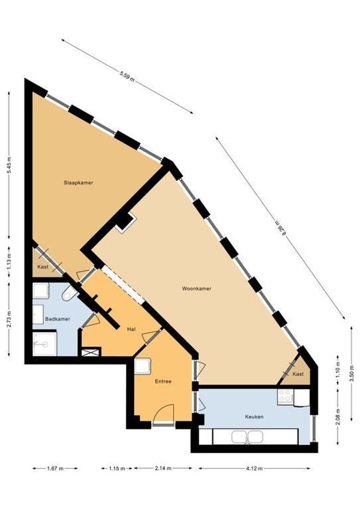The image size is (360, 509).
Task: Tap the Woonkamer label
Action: pos(196,288)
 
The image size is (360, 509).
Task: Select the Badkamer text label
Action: pos(57,319)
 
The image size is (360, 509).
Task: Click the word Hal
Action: pos(131,329)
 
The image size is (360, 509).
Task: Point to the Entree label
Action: pos(163,381)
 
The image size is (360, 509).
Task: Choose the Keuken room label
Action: pos(254,417)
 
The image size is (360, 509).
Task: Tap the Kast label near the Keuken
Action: pos(298,374)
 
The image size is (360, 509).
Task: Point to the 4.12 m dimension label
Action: pos(254,468)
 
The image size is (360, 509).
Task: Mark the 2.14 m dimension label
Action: pos(163,468)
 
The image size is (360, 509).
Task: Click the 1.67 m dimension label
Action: pos(55,468)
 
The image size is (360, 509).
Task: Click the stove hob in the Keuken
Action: pos(285,396)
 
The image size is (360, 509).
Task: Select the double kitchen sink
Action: pos(247,437)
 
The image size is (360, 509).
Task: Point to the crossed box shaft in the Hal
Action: pos(91,352)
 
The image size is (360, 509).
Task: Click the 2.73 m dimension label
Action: pos(9,319)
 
